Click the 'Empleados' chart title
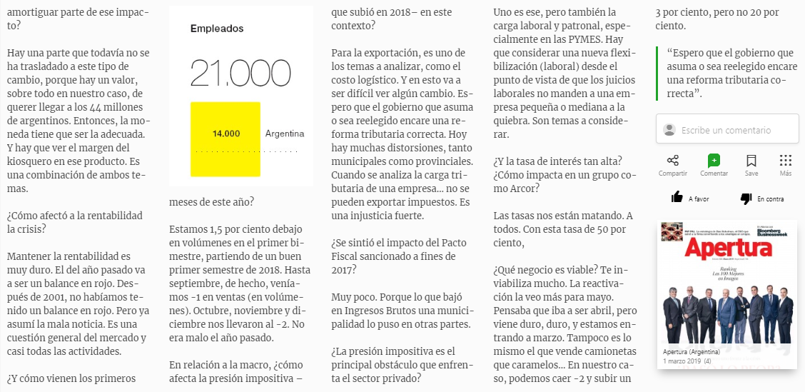pos(217,29)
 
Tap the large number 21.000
pos(236,74)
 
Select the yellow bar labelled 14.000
pos(226,139)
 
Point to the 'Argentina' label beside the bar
pos(284,134)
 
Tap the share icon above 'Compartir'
pos(672,161)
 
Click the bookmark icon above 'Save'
pos(751,161)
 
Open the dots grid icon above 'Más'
pos(785,161)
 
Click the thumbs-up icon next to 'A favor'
pos(677,198)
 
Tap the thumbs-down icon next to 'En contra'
pos(746,198)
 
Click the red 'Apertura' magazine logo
pos(729,248)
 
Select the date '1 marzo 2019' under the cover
pos(682,361)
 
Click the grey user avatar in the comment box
pos(669,129)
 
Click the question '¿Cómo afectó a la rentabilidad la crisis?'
pos(74,222)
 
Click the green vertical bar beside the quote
pos(657,74)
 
